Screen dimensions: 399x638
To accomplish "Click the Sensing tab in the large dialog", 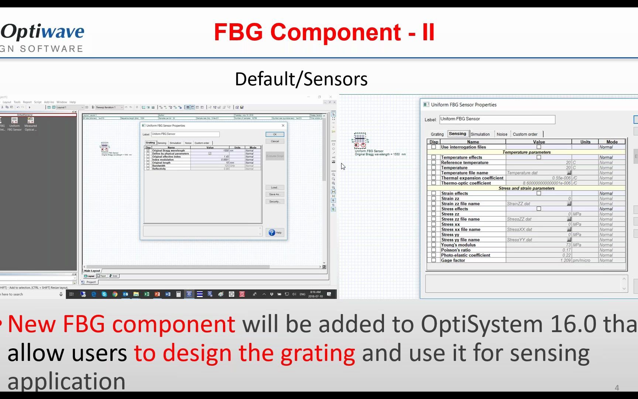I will [457, 134].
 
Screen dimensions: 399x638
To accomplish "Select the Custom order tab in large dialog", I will [525, 134].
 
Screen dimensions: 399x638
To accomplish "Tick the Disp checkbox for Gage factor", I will [433, 260].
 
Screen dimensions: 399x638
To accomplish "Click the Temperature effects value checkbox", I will [539, 157].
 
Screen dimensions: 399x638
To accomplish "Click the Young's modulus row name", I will [458, 245].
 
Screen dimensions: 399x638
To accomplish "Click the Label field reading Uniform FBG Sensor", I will [497, 119].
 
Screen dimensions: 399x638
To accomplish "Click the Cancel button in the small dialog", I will [275, 141].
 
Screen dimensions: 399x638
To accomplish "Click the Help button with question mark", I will [275, 232].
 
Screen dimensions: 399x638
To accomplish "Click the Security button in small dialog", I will [274, 201].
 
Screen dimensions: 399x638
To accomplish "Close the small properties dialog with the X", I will [283, 126].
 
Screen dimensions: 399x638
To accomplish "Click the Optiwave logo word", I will [43, 32].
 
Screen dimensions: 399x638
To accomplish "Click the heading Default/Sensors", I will [301, 79].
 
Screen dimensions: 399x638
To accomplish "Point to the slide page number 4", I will [617, 388].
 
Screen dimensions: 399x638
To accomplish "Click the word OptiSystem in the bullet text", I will [481, 324].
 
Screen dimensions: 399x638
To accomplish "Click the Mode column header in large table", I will [612, 142].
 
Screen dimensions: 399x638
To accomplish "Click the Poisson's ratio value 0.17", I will [566, 250].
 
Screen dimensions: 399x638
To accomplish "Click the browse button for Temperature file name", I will [569, 173].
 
